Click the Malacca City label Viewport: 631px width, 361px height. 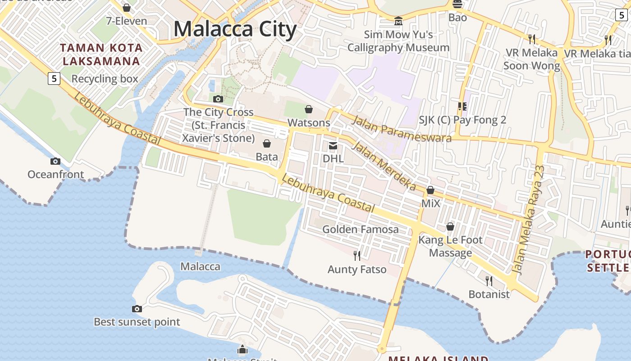coord(235,29)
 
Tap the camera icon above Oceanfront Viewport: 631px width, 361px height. coord(55,161)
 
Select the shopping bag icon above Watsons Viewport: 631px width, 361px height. coord(309,109)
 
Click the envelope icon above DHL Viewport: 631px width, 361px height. coord(333,145)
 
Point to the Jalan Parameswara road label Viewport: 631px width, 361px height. coord(401,129)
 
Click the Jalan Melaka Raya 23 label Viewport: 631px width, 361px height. coord(529,220)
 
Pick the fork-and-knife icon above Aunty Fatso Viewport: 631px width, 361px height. coord(357,256)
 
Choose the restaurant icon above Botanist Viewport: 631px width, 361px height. coord(489,281)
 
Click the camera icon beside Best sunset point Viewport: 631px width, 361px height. coord(137,309)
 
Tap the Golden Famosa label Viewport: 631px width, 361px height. coord(360,229)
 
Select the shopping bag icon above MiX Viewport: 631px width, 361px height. coord(430,190)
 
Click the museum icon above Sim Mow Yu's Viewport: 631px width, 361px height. coord(398,21)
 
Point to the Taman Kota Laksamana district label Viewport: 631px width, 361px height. coord(102,54)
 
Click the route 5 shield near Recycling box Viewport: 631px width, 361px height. coord(54,79)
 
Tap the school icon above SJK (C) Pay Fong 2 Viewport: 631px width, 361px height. coord(462,106)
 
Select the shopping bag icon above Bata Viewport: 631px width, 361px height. coord(267,143)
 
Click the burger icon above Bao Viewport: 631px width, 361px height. coord(457,5)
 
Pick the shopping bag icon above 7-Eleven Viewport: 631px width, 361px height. coord(127,8)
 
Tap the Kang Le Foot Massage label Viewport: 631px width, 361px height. coord(450,246)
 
